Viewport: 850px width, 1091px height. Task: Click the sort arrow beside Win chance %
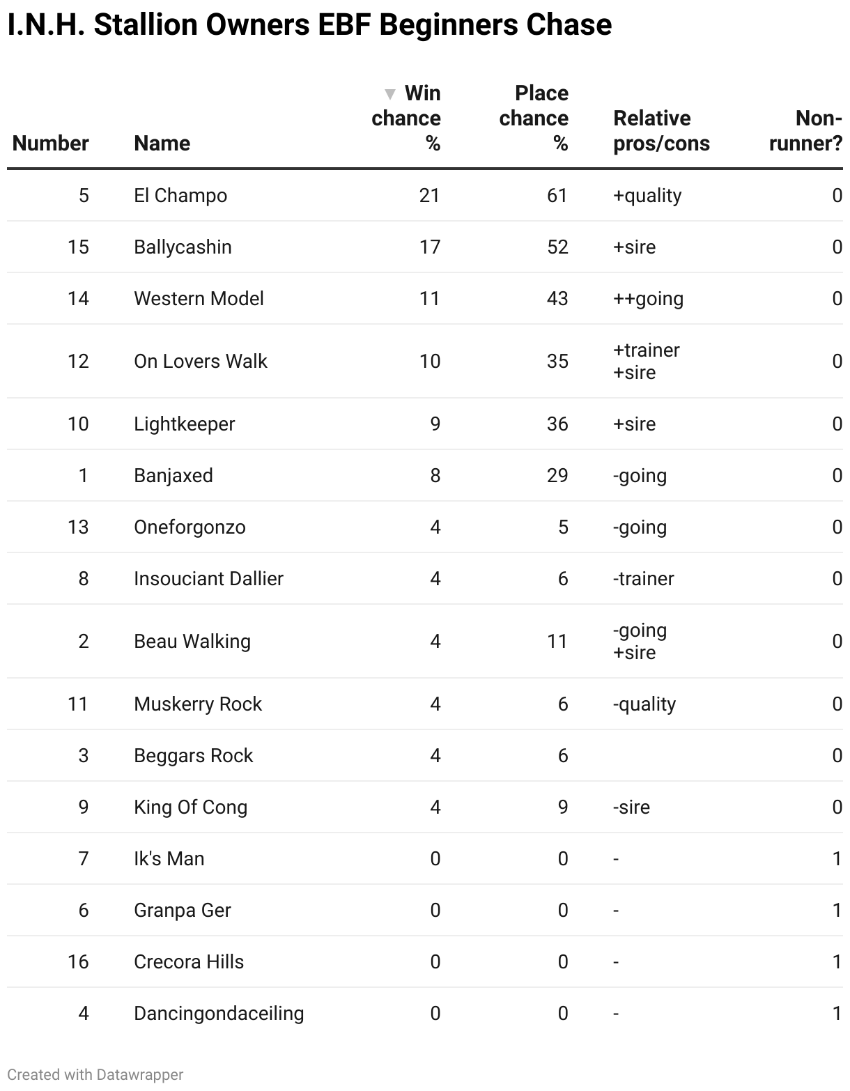390,94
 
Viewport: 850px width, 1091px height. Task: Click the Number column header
51,144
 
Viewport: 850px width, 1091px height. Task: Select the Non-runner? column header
805,131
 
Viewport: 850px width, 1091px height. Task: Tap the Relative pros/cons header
661,131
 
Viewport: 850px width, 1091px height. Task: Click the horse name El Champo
180,196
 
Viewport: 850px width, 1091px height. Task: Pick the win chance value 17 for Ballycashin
429,247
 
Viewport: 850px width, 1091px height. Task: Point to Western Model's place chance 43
557,299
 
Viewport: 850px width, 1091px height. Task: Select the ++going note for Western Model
648,299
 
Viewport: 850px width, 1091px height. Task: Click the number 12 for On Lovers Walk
78,362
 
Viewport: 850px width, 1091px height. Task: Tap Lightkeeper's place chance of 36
557,424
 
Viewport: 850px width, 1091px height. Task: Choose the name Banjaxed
173,476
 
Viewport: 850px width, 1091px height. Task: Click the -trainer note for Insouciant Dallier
643,579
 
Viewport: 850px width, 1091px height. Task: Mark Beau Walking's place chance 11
557,642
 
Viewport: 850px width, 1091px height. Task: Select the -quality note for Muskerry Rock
644,704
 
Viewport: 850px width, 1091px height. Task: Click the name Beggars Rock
194,756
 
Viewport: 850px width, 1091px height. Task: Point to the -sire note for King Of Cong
631,807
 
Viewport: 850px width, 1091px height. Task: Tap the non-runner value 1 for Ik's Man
837,859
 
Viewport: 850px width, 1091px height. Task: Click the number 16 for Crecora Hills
78,962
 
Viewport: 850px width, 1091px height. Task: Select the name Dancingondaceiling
219,1014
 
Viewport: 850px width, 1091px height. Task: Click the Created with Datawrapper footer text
95,1075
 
